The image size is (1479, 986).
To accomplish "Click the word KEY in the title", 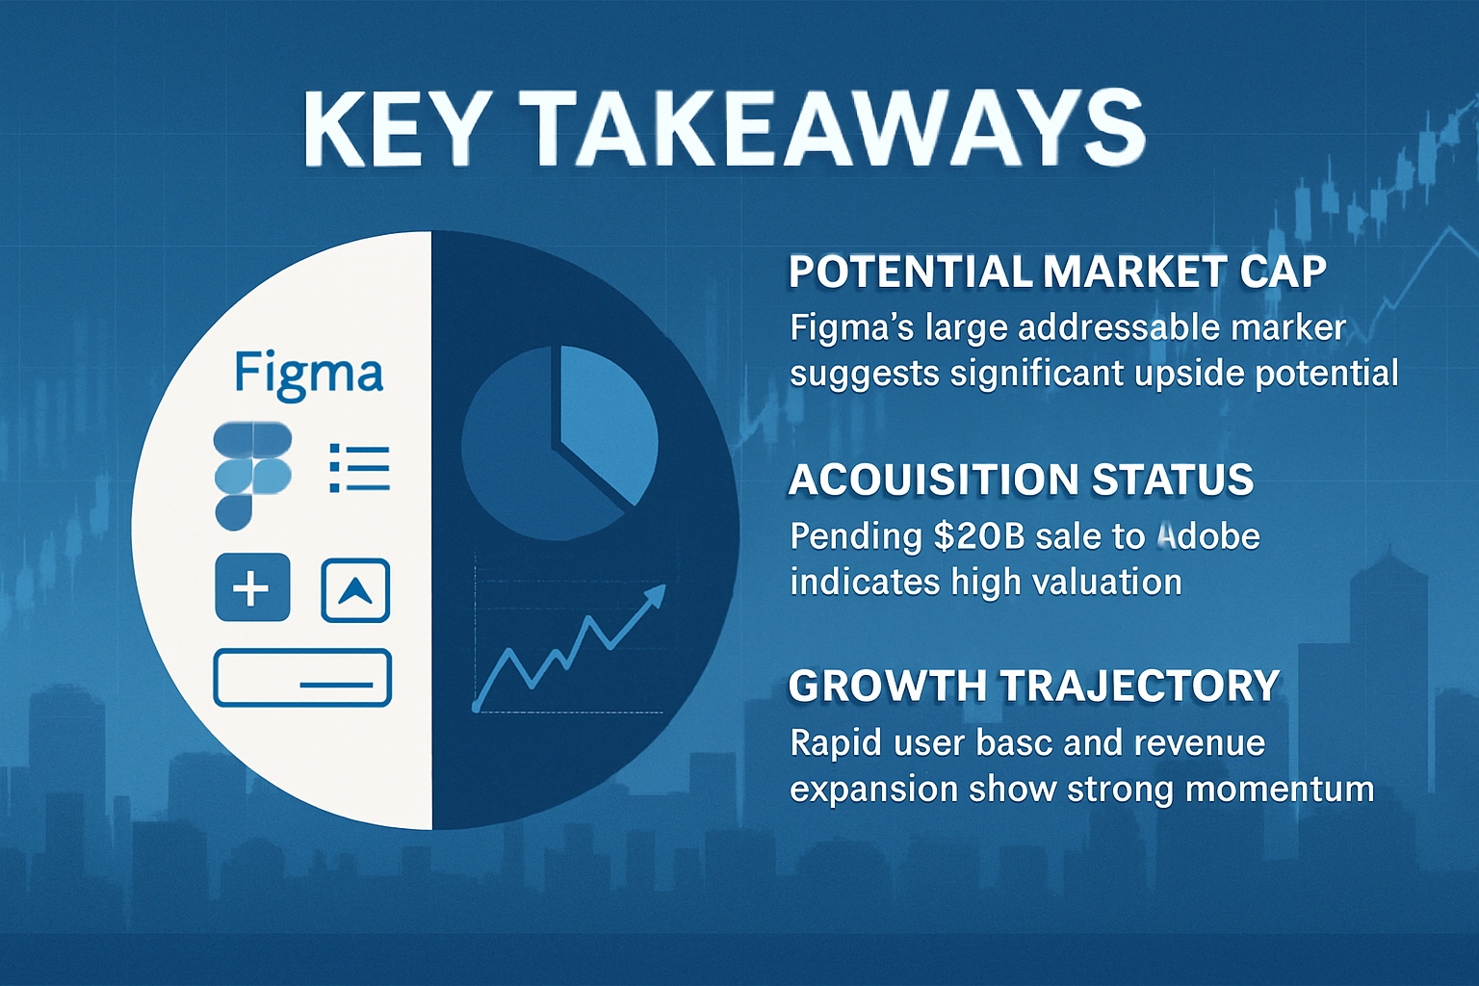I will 394,129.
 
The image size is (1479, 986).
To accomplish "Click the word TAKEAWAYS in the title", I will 836,129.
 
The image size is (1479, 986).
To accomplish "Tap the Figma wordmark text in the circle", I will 308,374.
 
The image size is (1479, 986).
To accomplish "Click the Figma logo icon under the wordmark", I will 251,476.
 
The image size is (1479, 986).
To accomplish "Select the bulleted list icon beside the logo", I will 359,468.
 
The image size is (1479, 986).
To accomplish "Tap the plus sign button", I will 252,587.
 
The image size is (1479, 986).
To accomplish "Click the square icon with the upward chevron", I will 354,590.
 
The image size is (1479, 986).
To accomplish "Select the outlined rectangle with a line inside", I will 301,678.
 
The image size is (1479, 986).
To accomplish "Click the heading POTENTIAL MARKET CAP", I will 1057,272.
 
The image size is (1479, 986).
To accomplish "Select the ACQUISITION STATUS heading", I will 1021,480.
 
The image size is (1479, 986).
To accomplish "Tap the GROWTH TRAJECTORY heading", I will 1033,686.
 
